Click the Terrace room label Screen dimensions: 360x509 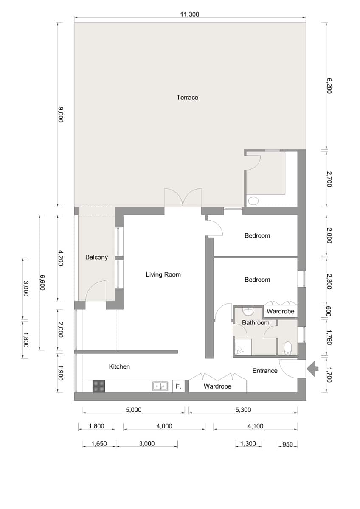point(187,98)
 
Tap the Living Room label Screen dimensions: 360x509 point(163,274)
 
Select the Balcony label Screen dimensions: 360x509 point(96,257)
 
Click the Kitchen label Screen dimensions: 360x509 point(119,366)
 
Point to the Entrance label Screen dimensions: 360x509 point(265,371)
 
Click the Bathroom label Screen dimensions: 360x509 point(256,323)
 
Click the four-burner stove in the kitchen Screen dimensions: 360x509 point(98,386)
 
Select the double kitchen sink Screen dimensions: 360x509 point(160,386)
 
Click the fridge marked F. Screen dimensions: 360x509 point(179,386)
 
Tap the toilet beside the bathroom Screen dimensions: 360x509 point(288,348)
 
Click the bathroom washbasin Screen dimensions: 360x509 point(248,312)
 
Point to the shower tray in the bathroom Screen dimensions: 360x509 point(243,347)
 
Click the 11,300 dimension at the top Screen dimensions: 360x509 point(190,14)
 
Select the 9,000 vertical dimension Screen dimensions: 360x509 point(61,115)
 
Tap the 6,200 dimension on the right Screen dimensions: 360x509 point(329,86)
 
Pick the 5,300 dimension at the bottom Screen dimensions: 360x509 point(243,410)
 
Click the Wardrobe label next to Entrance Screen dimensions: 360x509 point(217,386)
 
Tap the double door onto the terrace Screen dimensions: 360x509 point(183,198)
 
